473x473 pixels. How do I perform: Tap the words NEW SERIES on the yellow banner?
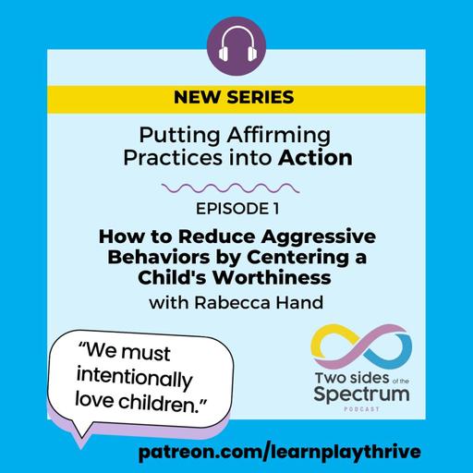click(x=236, y=97)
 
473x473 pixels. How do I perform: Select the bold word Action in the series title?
click(x=320, y=157)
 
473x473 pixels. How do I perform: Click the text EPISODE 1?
click(x=236, y=211)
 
